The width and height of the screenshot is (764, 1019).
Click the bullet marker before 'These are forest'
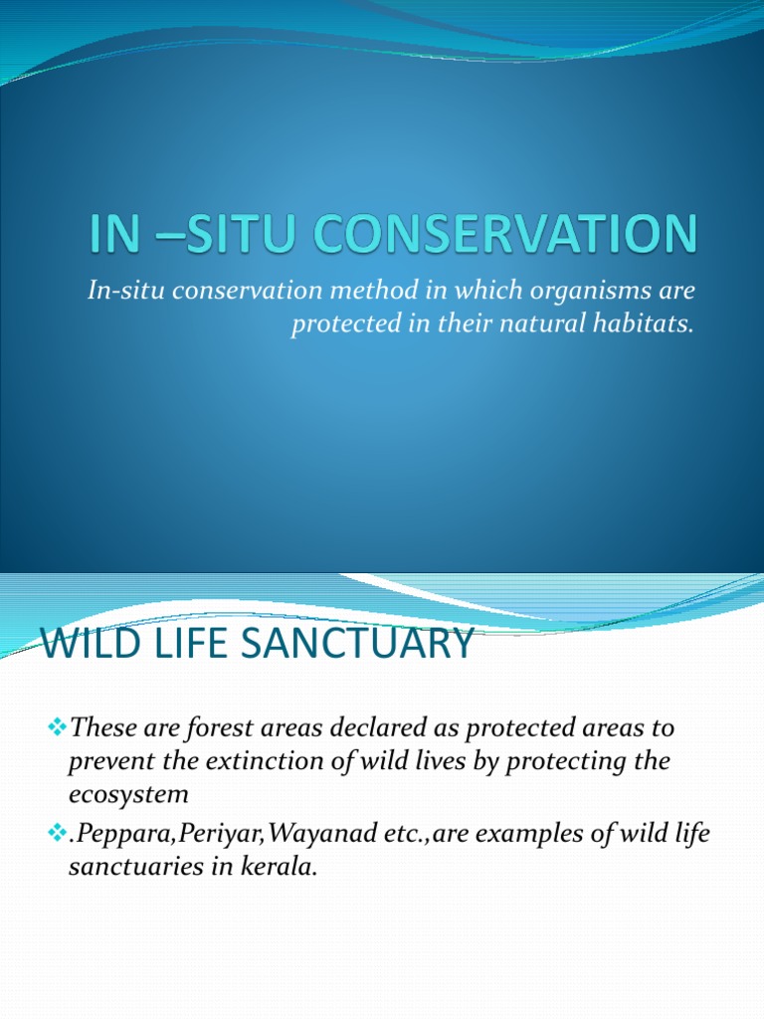(x=57, y=727)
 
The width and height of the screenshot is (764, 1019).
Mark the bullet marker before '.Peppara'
(x=57, y=833)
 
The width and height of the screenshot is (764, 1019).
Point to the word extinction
(x=238, y=761)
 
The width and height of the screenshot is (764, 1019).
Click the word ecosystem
(x=128, y=795)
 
